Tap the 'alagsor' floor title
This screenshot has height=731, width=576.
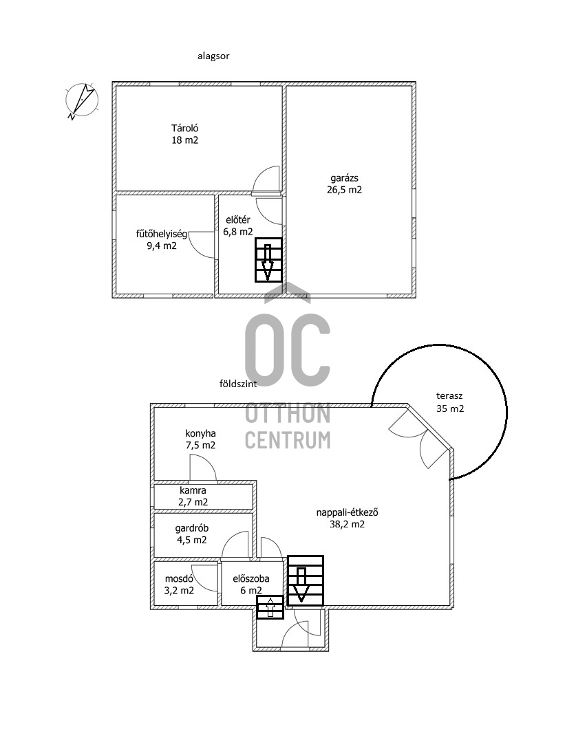(213, 56)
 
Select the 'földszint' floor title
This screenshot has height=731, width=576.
(238, 384)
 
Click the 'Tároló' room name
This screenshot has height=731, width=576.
(184, 128)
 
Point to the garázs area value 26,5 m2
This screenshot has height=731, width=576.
(344, 190)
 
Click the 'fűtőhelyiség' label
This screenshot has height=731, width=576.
(161, 234)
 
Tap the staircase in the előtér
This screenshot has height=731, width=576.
(268, 260)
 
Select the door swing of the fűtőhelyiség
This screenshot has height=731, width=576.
(202, 244)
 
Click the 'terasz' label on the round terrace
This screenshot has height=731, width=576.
(449, 396)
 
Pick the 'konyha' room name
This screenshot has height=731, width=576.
(200, 433)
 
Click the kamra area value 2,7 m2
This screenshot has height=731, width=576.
(193, 502)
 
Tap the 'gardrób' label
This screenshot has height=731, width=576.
(192, 528)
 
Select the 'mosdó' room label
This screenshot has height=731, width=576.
(179, 578)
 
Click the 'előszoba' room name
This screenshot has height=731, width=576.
(251, 578)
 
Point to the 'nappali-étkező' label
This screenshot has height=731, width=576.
(347, 512)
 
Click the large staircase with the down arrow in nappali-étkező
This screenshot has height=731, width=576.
(306, 581)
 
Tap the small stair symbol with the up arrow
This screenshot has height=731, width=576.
(270, 607)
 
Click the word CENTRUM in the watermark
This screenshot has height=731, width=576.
(288, 440)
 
